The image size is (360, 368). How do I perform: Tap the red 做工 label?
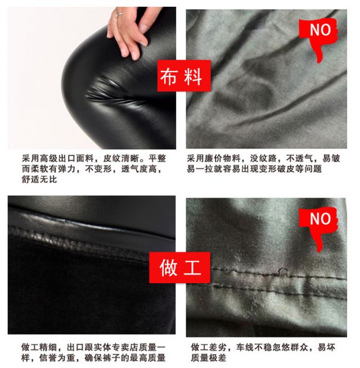180,267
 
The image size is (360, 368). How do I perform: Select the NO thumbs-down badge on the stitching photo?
318,228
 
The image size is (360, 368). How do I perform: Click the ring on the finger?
119,15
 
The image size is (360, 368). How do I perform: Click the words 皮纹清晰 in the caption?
121,158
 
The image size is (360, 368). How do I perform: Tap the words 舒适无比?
39,179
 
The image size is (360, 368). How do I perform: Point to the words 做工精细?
39,347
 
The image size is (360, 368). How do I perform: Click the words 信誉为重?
57,358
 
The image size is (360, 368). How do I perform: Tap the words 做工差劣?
209,347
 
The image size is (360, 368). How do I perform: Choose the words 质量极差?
209,358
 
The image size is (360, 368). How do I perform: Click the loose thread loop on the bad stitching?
283,271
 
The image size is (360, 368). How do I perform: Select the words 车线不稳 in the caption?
254,347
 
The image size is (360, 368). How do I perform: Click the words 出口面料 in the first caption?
76,158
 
